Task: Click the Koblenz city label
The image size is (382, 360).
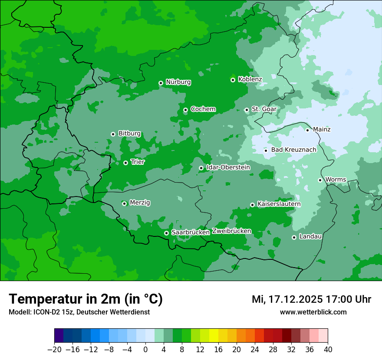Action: point(250,79)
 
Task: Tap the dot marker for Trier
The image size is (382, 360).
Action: point(125,163)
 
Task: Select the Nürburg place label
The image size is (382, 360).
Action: point(178,82)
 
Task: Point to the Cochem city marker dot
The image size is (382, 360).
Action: point(185,110)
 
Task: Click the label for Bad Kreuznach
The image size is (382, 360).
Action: point(293,150)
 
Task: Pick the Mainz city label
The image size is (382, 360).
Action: point(322,129)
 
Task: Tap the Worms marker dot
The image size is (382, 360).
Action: point(320,180)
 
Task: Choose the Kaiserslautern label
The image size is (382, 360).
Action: point(279,204)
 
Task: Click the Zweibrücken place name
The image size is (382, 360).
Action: point(231,231)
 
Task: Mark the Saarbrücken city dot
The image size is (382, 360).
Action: point(166,233)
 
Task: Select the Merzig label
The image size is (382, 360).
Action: point(140,203)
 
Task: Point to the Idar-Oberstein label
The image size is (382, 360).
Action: point(228,167)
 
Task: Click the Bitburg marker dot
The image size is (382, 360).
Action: point(113,134)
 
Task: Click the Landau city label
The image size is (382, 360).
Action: point(310,236)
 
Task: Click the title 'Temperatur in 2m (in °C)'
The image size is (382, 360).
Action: point(86,299)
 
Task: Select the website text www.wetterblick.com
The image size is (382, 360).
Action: point(313,312)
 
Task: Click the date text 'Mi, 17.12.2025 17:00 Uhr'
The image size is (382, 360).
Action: point(311,299)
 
